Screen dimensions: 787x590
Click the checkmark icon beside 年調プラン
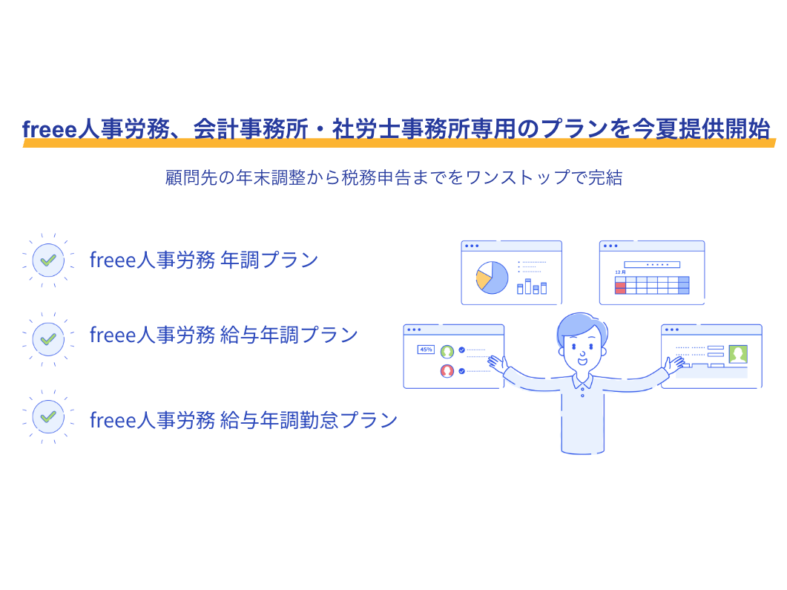point(48,260)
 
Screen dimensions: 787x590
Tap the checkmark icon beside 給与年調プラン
point(48,339)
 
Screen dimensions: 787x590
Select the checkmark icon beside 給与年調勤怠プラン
point(48,416)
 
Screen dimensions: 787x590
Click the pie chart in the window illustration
point(492,278)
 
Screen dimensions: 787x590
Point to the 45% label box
point(426,350)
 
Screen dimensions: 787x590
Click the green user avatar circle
point(447,352)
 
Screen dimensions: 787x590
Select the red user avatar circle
point(447,371)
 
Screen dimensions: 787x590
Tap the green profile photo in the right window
point(738,354)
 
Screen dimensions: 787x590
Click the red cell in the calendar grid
point(620,288)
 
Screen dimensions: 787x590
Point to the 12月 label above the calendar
point(620,272)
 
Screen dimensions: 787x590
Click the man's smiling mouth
point(582,361)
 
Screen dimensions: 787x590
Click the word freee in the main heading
point(50,130)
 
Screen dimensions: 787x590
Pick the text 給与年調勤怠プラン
point(309,420)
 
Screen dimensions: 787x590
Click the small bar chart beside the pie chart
point(532,286)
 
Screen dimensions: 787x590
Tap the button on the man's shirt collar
point(582,396)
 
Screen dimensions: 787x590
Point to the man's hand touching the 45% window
point(497,364)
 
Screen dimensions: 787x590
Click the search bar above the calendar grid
point(652,265)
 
